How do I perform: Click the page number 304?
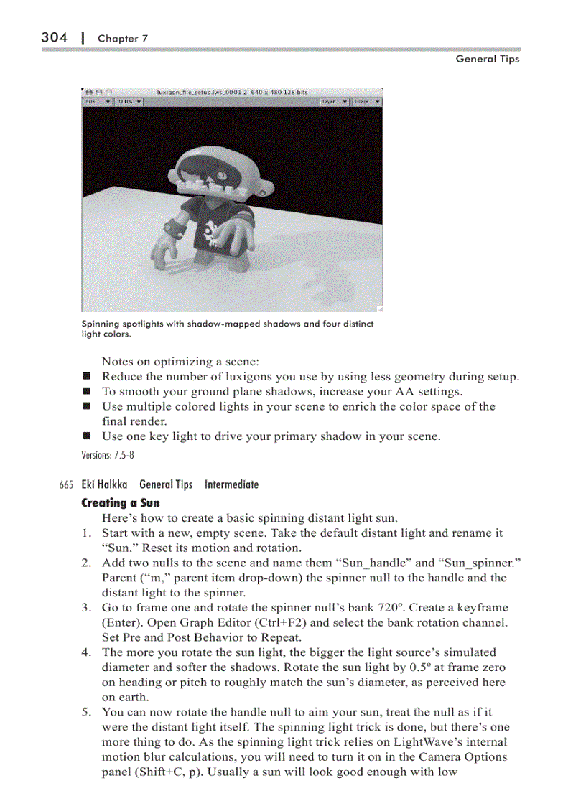pyautogui.click(x=54, y=37)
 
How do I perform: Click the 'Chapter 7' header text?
pyautogui.click(x=122, y=38)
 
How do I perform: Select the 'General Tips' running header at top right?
pyautogui.click(x=487, y=59)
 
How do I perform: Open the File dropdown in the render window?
pyautogui.click(x=98, y=102)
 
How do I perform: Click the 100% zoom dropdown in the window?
pyautogui.click(x=129, y=102)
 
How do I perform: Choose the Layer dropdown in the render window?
pyautogui.click(x=335, y=102)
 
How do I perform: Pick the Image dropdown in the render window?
pyautogui.click(x=367, y=102)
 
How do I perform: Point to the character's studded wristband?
pyautogui.click(x=173, y=230)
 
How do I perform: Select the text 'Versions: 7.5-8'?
pyautogui.click(x=108, y=454)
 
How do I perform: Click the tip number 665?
pyautogui.click(x=67, y=485)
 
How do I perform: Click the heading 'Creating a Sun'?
pyautogui.click(x=121, y=502)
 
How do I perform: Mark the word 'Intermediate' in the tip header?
pyautogui.click(x=231, y=484)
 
